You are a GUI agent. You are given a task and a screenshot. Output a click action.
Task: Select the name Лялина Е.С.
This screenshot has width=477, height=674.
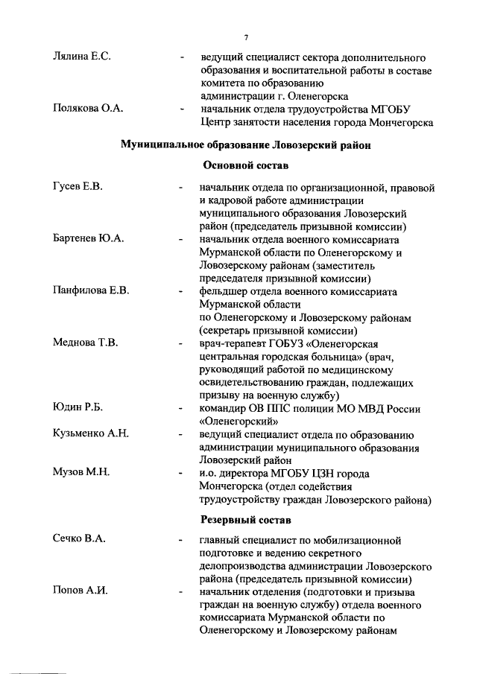(82, 57)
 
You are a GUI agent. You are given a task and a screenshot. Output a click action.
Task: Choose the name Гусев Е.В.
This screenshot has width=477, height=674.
(78, 187)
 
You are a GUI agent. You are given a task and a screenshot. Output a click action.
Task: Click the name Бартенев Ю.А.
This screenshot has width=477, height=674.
(88, 240)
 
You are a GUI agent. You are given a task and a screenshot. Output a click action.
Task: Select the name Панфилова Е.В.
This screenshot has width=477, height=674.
(91, 291)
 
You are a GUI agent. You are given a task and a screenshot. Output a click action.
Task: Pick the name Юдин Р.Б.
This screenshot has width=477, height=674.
(78, 408)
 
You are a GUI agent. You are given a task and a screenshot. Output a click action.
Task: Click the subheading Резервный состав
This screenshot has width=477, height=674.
(245, 518)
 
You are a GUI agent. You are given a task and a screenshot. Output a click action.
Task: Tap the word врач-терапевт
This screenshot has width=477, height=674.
(236, 343)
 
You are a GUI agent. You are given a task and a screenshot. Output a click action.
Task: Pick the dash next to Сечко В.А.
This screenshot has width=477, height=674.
(182, 540)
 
